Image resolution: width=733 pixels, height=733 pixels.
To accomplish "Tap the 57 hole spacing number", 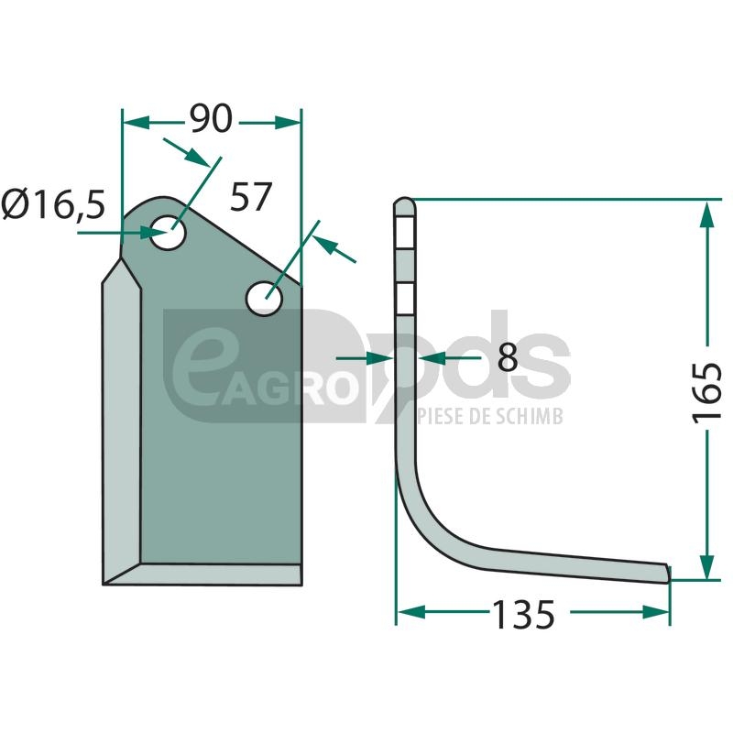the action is (x=250, y=197).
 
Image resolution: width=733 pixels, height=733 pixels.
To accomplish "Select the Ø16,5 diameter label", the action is (x=53, y=204).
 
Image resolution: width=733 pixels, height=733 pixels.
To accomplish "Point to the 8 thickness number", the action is (x=508, y=357).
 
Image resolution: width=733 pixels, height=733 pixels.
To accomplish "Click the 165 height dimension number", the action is (x=707, y=392).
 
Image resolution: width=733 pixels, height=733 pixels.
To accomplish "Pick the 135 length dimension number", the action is (x=523, y=614).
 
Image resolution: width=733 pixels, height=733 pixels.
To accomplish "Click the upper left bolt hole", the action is (x=168, y=232).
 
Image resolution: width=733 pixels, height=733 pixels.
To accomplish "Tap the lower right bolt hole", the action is (x=264, y=299).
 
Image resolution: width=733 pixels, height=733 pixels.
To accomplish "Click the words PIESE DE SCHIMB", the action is (x=490, y=416).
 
